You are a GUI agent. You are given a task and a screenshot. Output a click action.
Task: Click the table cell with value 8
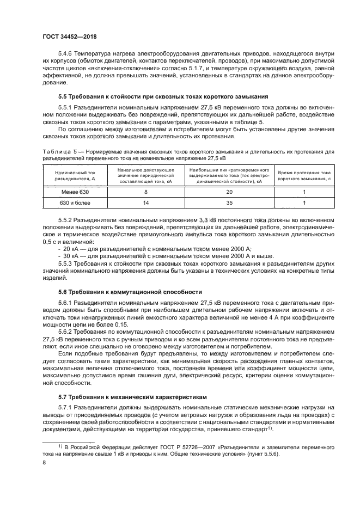pyautogui.click(x=145, y=192)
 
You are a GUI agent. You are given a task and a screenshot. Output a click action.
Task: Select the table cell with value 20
pyautogui.click(x=229, y=192)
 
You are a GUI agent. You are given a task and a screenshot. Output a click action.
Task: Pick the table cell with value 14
pyautogui.click(x=145, y=203)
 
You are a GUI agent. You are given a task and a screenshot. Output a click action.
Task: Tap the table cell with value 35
pyautogui.click(x=229, y=203)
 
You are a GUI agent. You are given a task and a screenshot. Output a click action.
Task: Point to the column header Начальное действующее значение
pyautogui.click(x=145, y=175)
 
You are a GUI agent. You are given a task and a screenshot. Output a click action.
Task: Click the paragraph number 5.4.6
pyautogui.click(x=66, y=54)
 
